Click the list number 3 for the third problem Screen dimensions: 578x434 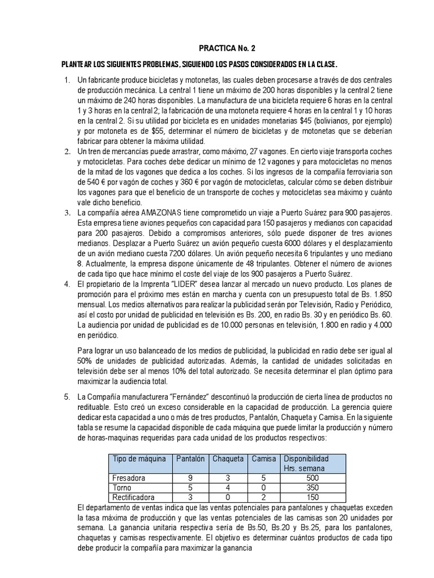[x=66, y=212]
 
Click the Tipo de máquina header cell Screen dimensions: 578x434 [x=140, y=459]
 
